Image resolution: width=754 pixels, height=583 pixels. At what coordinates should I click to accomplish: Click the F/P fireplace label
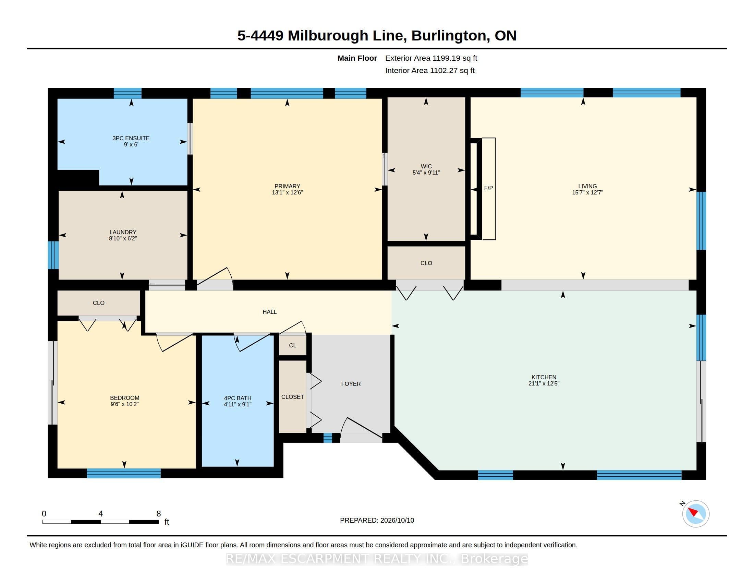click(488, 188)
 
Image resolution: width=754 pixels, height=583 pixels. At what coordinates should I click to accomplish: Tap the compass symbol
click(695, 514)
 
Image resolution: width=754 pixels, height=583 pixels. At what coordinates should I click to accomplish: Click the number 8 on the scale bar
click(158, 514)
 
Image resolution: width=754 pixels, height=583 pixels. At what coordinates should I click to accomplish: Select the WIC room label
click(426, 166)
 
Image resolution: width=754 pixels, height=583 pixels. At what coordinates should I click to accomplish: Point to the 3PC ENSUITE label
click(131, 138)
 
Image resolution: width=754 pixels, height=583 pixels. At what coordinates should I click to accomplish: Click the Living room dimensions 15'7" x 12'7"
click(587, 192)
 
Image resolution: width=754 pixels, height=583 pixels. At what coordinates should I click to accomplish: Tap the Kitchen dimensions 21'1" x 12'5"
click(544, 383)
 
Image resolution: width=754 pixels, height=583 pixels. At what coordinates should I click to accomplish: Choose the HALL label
click(270, 312)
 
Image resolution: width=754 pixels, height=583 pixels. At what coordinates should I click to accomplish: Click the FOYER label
click(351, 384)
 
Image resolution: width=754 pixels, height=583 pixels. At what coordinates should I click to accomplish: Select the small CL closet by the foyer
click(292, 345)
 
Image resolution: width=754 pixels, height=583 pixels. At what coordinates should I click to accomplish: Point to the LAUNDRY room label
click(123, 232)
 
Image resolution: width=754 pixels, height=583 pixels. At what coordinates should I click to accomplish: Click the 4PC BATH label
click(238, 398)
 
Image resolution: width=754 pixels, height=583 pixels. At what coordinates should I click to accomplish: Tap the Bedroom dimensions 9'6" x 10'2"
click(125, 404)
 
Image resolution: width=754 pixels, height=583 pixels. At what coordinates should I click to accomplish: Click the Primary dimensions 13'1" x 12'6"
click(287, 192)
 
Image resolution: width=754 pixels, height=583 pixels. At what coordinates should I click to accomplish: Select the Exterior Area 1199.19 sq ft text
click(431, 58)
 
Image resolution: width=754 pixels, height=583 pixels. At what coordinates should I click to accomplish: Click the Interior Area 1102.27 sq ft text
click(430, 70)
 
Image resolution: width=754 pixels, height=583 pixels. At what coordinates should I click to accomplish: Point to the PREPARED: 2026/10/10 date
click(377, 520)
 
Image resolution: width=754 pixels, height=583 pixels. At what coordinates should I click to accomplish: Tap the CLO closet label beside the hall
click(98, 303)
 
